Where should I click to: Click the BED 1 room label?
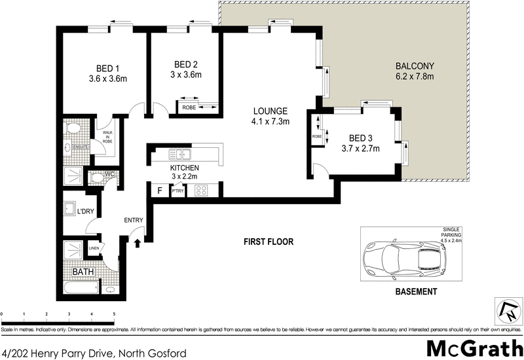click(107, 68)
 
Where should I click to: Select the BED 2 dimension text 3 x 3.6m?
click(187, 75)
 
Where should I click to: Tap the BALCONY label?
click(415, 66)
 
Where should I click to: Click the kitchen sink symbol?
click(179, 155)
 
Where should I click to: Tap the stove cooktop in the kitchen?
click(201, 191)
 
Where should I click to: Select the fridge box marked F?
click(159, 191)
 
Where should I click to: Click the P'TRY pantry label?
click(177, 191)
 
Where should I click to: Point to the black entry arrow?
click(137, 243)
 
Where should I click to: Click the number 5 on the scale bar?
click(114, 315)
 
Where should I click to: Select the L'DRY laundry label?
click(87, 211)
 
